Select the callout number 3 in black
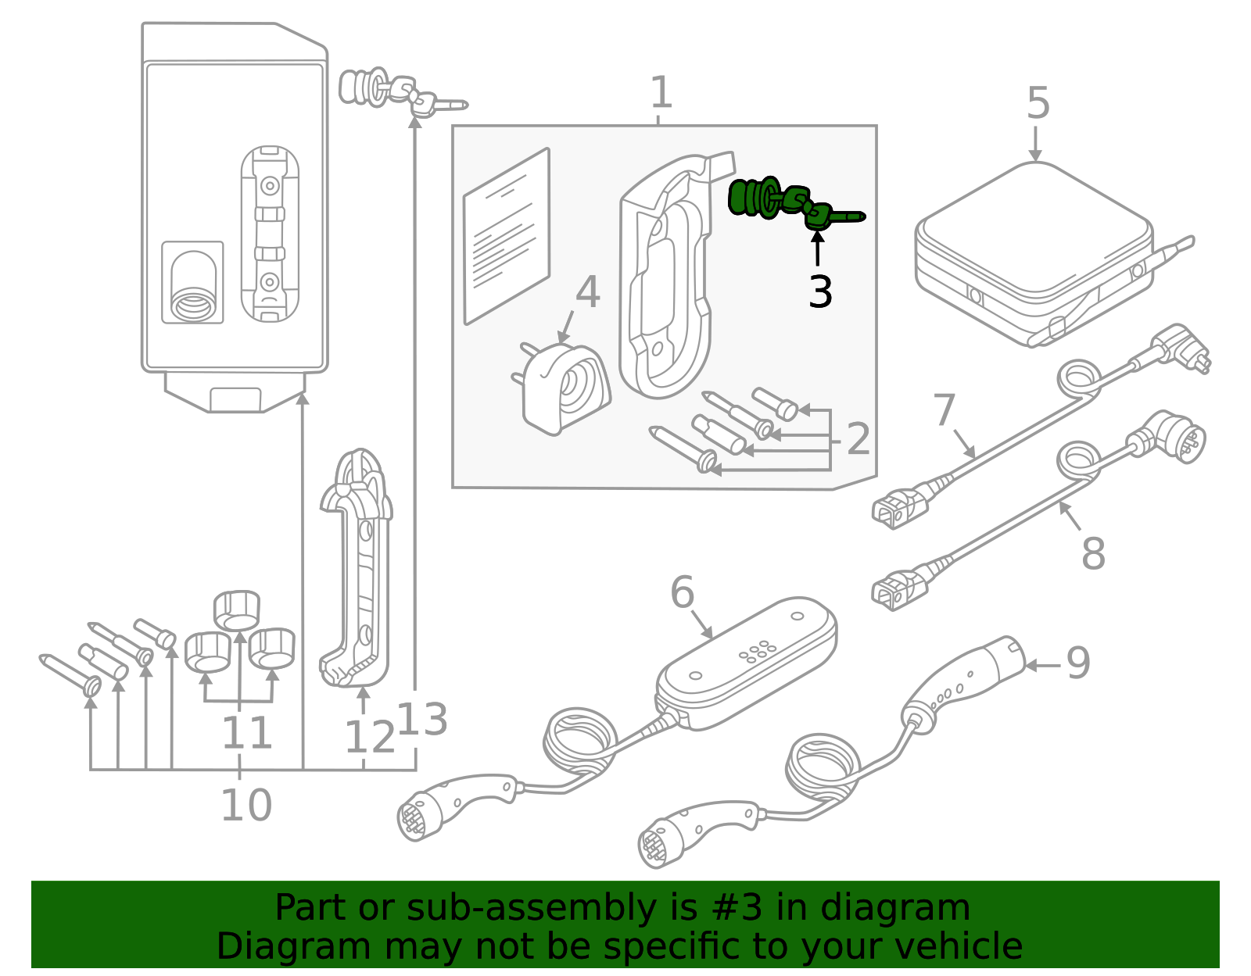pos(819,292)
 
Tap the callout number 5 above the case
pos(1038,103)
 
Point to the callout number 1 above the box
pos(661,93)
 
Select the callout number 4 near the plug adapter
pos(587,292)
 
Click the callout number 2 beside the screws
pos(858,439)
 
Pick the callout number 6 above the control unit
pos(682,592)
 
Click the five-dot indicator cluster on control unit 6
pos(757,652)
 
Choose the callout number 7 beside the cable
pos(945,410)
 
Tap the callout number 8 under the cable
pos(1092,553)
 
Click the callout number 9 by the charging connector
pos(1077,663)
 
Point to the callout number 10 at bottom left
pos(246,805)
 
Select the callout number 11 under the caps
pos(246,733)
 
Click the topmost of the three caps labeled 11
pos(237,610)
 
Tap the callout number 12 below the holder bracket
pos(369,737)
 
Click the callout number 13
pos(423,719)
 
